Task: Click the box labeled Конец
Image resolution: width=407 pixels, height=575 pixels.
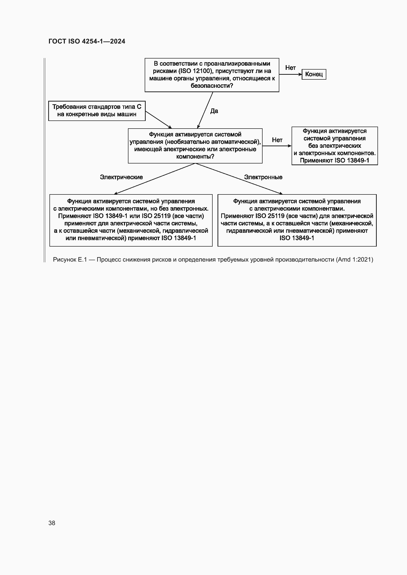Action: (x=313, y=74)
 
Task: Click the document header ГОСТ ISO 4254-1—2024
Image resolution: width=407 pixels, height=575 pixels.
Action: (x=87, y=41)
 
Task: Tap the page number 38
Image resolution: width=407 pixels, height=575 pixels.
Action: (x=52, y=523)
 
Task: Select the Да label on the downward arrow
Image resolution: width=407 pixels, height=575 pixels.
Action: (x=214, y=111)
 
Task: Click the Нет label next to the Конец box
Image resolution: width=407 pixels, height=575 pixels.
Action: (x=290, y=68)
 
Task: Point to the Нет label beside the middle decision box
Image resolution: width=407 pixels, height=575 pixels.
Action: (x=277, y=140)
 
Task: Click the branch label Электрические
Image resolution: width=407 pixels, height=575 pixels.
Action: (x=121, y=177)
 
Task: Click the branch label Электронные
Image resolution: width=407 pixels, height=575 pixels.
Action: (x=263, y=177)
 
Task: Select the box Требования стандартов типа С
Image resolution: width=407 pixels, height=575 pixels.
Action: (x=97, y=111)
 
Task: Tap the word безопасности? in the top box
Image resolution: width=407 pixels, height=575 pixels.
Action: (x=212, y=86)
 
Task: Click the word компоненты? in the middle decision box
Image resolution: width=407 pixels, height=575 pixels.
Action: (x=195, y=157)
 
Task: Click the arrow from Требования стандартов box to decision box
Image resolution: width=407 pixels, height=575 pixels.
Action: (x=158, y=120)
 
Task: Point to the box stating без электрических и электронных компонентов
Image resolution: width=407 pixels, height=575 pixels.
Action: (x=334, y=146)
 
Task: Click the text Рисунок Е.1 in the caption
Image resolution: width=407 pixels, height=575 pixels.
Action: (x=70, y=260)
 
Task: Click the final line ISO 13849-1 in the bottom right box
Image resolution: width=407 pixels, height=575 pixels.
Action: (x=297, y=238)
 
